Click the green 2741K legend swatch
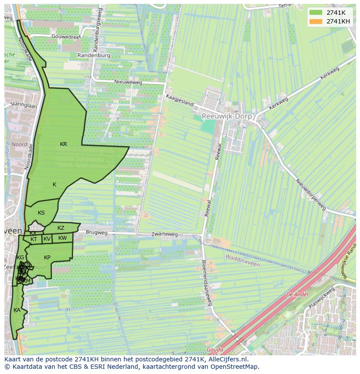pyautogui.click(x=316, y=13)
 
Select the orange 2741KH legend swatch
pyautogui.click(x=316, y=21)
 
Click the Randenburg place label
pyautogui.click(x=95, y=56)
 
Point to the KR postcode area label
pyautogui.click(x=63, y=144)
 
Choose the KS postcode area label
pyautogui.click(x=41, y=213)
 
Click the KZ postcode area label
pyautogui.click(x=61, y=228)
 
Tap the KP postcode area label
pyautogui.click(x=47, y=258)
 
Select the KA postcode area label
pyautogui.click(x=17, y=310)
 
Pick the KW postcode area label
pyautogui.click(x=63, y=238)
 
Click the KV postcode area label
pyautogui.click(x=47, y=239)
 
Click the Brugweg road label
pyautogui.click(x=97, y=233)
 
